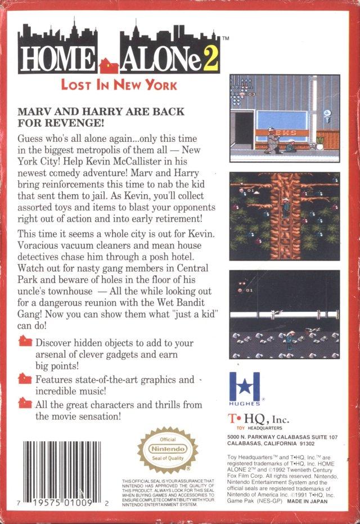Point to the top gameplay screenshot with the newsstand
284,115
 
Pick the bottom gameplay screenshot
284,314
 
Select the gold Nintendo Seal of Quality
161,450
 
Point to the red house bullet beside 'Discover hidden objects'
25,342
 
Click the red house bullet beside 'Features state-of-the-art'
25,378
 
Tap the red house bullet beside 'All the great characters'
25,403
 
